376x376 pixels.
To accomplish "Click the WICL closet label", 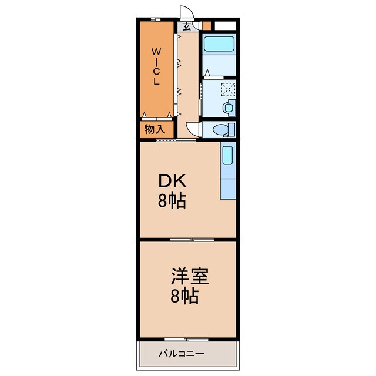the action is pyautogui.click(x=156, y=66).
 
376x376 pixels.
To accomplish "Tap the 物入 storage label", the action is pyautogui.click(x=155, y=129).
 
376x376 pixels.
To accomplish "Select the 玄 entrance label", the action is pyautogui.click(x=187, y=26).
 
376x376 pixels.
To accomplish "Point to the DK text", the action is pyautogui.click(x=172, y=181).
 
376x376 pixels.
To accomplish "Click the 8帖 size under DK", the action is pyautogui.click(x=172, y=200).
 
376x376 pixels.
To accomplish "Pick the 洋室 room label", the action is pyautogui.click(x=190, y=277).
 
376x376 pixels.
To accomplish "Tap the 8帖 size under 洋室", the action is pyautogui.click(x=184, y=296).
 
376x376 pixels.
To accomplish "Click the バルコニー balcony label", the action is pyautogui.click(x=182, y=354).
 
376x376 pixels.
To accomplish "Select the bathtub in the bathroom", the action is pyautogui.click(x=219, y=44).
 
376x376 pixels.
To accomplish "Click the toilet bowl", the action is pyautogui.click(x=221, y=130).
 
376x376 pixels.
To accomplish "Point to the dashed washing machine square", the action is pyautogui.click(x=228, y=89).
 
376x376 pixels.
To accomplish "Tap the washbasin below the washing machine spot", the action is pyautogui.click(x=229, y=108).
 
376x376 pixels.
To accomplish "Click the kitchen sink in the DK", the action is pyautogui.click(x=227, y=155).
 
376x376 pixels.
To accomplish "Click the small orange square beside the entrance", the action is pyautogui.click(x=206, y=26).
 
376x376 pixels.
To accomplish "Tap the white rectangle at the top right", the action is pyautogui.click(x=225, y=26).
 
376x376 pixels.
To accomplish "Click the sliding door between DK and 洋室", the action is pyautogui.click(x=192, y=240).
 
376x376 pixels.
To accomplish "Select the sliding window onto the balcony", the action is pyautogui.click(x=187, y=339).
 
